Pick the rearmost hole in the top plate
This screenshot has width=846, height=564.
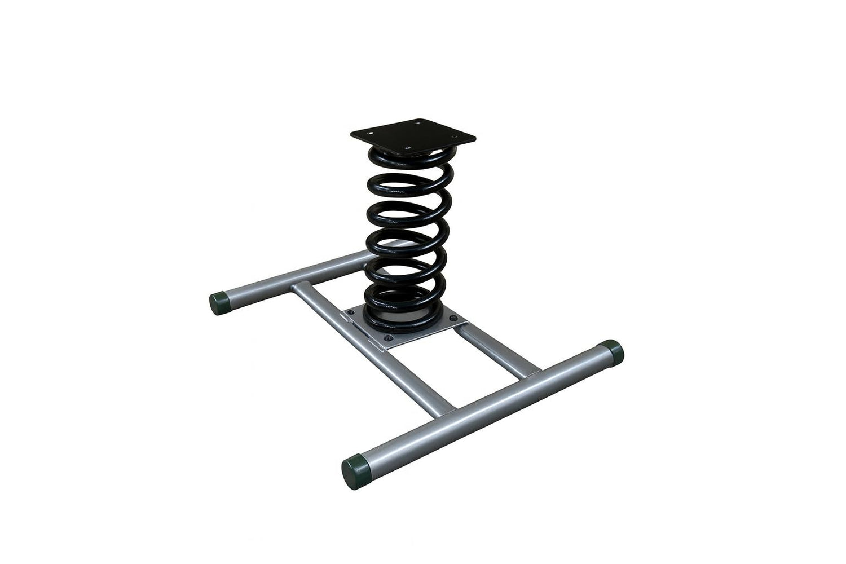tap(418, 121)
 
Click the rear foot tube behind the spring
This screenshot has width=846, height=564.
tap(293, 276)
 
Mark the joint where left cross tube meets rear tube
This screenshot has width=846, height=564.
tap(298, 286)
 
